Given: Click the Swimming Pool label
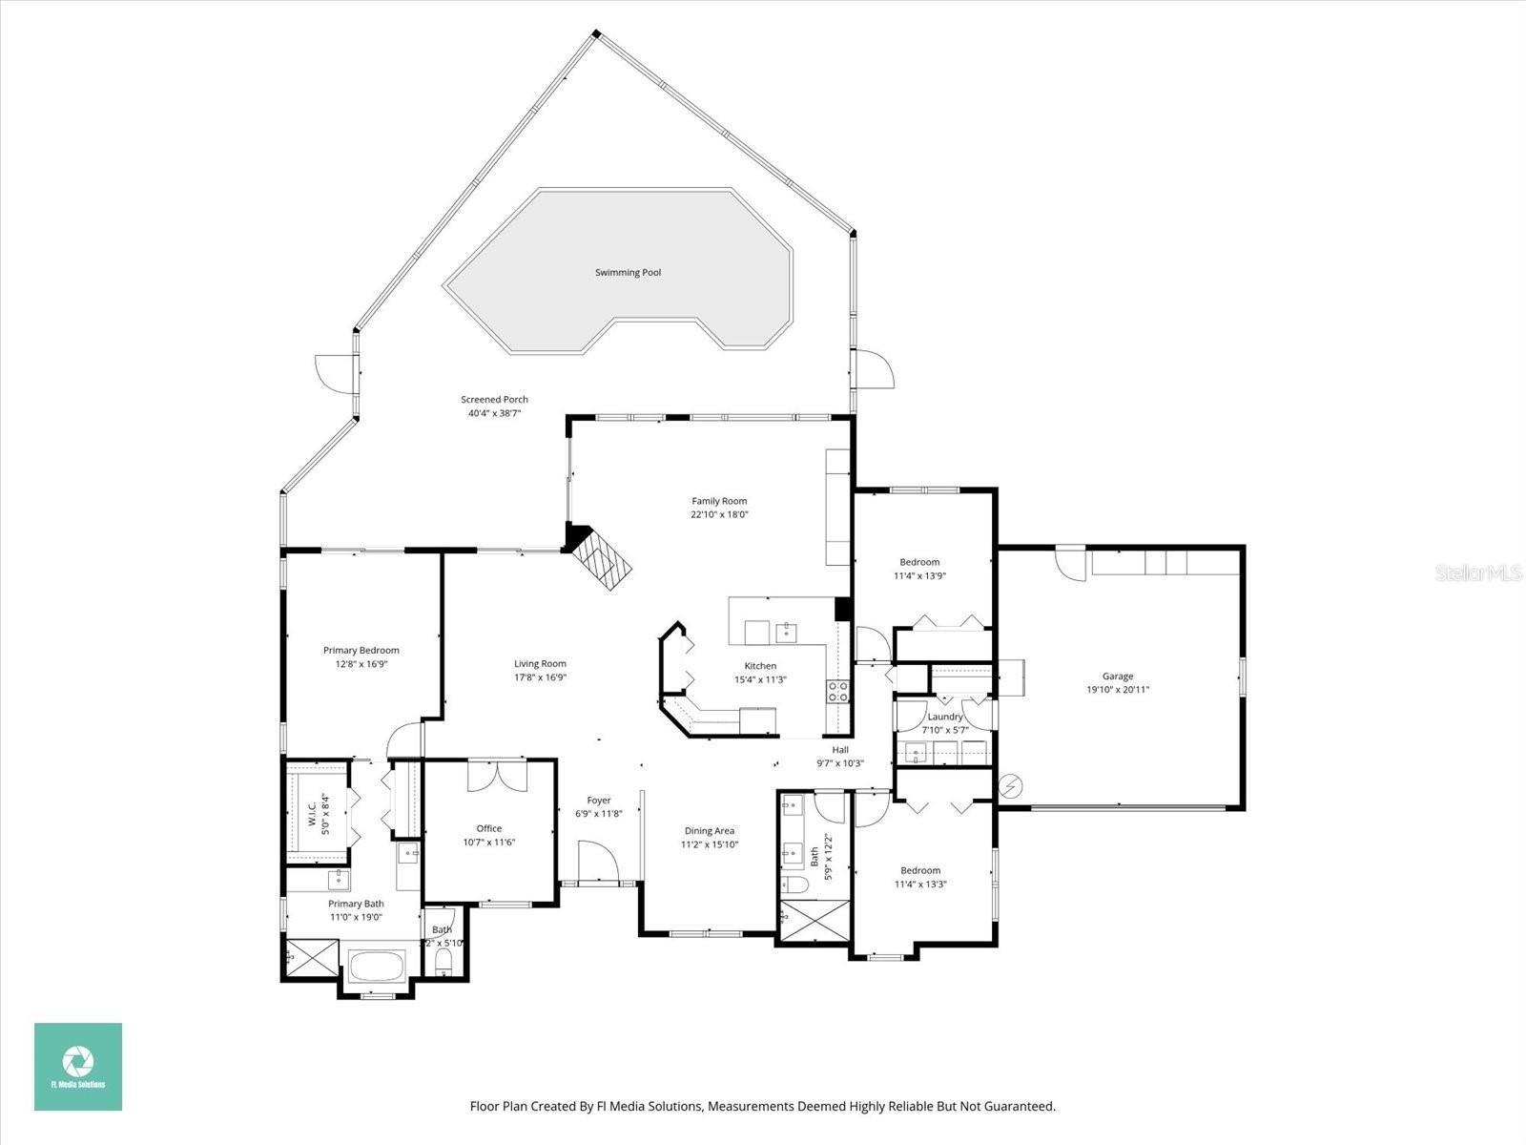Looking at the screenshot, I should (628, 273).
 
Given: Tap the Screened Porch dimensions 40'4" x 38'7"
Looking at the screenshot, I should (494, 413).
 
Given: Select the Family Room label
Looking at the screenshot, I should (719, 501).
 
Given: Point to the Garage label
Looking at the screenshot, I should (1118, 677).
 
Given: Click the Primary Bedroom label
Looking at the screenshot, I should (361, 651).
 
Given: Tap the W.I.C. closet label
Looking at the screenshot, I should (312, 813).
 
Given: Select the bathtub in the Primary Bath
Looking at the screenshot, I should (377, 968).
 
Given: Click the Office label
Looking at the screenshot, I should (489, 828).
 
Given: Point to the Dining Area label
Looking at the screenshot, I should (710, 831).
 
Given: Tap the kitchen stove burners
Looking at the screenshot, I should (837, 691).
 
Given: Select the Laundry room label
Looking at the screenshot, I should (945, 717).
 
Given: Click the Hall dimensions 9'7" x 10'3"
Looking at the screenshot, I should (840, 763).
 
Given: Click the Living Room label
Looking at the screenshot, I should (541, 664).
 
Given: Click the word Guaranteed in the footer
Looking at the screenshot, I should (1021, 1107).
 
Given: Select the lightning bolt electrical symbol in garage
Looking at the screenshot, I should (1010, 786).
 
